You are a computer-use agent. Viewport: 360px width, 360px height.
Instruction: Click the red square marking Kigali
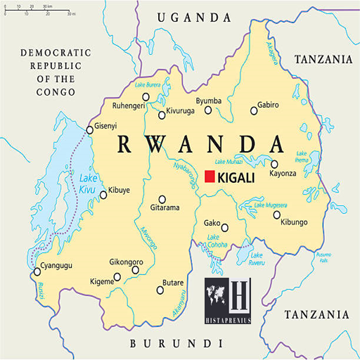tap(210, 177)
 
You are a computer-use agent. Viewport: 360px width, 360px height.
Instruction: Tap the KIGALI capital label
tap(236, 178)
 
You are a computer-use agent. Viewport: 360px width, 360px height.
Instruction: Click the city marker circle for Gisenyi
tap(89, 129)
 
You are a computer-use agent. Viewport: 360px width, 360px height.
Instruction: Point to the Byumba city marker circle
tap(209, 110)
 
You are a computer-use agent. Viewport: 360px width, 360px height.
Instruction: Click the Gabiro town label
tap(268, 105)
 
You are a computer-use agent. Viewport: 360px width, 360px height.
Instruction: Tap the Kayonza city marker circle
tap(274, 165)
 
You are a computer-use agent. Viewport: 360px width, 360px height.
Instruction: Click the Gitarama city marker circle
tap(162, 199)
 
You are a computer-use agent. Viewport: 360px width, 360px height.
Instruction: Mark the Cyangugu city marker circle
tap(37, 271)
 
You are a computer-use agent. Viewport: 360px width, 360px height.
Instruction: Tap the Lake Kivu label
tap(88, 184)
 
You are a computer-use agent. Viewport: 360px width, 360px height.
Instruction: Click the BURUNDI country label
tap(172, 343)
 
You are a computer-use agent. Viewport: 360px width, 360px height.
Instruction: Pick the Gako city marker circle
tap(224, 227)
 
